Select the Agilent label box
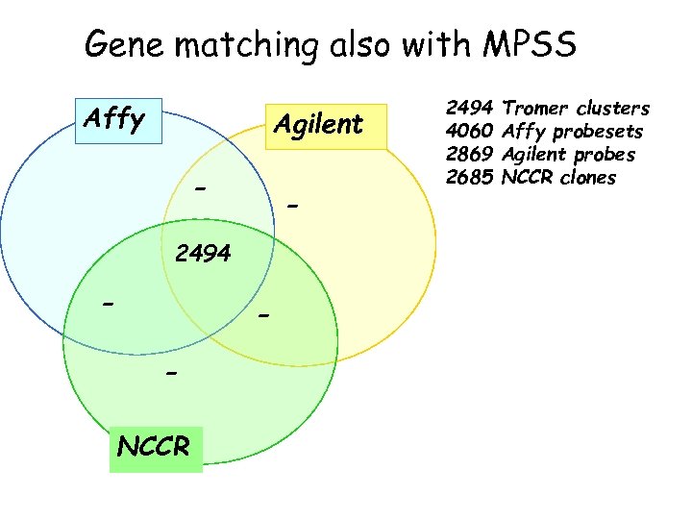point(320,125)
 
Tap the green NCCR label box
point(155,446)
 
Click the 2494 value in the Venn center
point(203,254)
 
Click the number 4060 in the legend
point(470,132)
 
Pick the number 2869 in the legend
point(470,155)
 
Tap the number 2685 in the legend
point(470,178)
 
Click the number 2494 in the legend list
point(470,109)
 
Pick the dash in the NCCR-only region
point(171,372)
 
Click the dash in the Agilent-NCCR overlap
point(265,315)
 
